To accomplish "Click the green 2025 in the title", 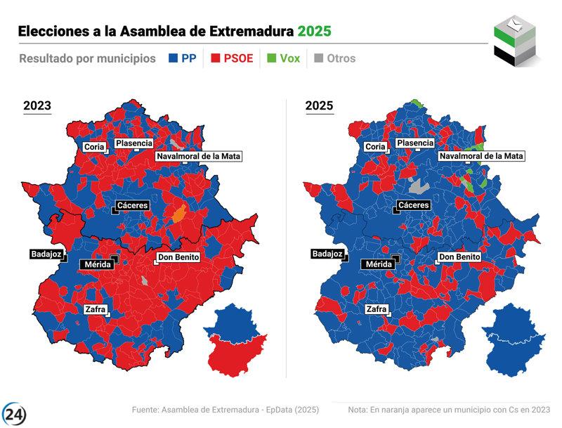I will pyautogui.click(x=313, y=32).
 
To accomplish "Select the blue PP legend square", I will pyautogui.click(x=173, y=58).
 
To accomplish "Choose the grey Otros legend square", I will pyautogui.click(x=318, y=58).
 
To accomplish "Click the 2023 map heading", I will pyautogui.click(x=37, y=106).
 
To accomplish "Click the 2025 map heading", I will pyautogui.click(x=319, y=106).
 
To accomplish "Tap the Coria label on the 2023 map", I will pyautogui.click(x=94, y=147).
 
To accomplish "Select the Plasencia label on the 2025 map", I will pyautogui.click(x=414, y=143).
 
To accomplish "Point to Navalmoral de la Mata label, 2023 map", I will pyautogui.click(x=198, y=156).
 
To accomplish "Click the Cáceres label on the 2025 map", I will pyautogui.click(x=413, y=205).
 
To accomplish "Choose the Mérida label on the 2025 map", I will pyautogui.click(x=379, y=264).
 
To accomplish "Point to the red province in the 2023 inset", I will pyautogui.click(x=239, y=355).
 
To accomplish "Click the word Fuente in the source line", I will pyautogui.click(x=146, y=410).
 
